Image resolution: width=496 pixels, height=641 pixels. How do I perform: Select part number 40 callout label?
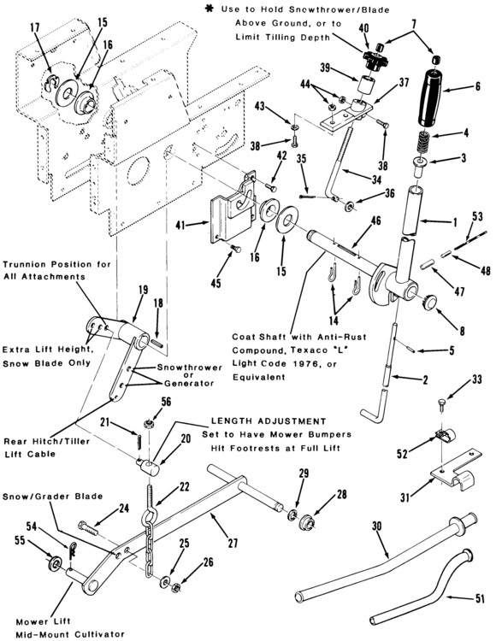363,28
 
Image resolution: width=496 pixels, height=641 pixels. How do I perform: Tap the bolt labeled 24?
88,527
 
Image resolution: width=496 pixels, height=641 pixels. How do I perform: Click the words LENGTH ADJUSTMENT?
269,421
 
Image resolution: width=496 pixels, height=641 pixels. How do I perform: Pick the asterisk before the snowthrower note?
210,9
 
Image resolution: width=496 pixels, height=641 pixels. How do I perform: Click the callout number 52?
403,453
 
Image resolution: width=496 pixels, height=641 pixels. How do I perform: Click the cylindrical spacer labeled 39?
365,85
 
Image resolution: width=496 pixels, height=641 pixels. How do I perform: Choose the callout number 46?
375,221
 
